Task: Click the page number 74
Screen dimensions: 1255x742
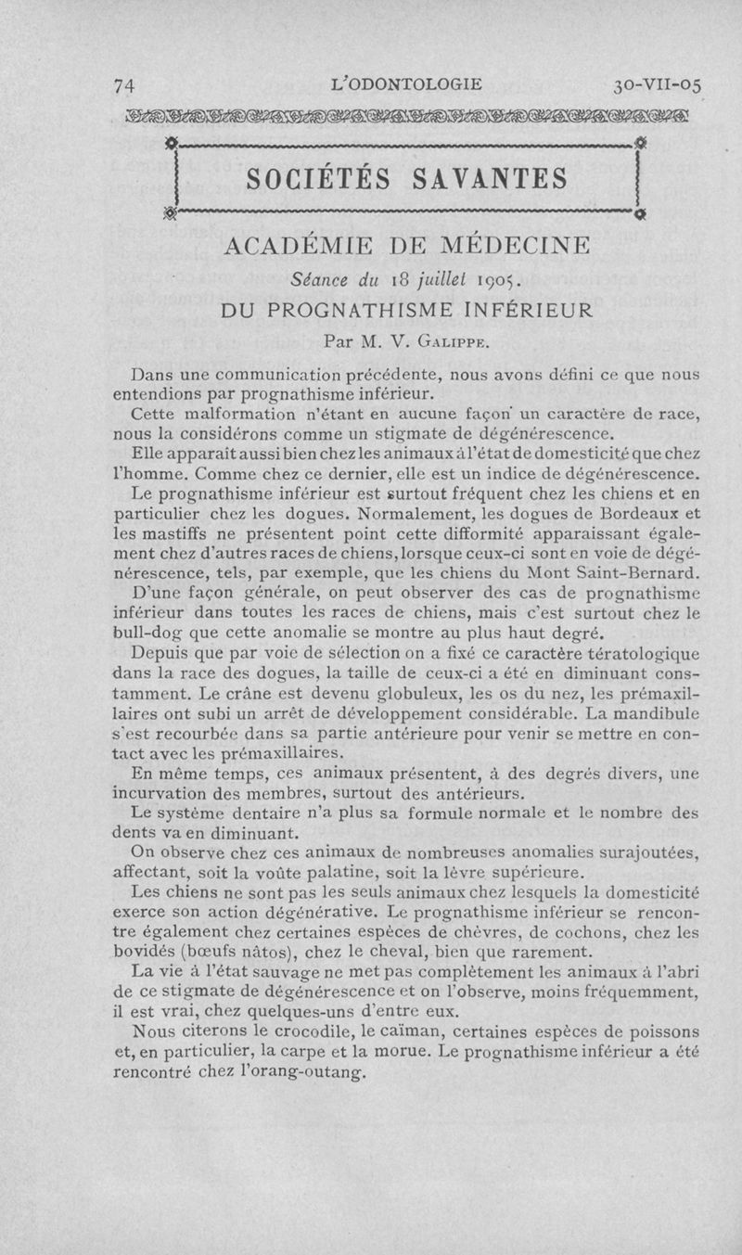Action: [124, 85]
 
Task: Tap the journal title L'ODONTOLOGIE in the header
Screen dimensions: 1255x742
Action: [406, 84]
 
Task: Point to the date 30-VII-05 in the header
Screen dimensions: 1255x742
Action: [658, 85]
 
